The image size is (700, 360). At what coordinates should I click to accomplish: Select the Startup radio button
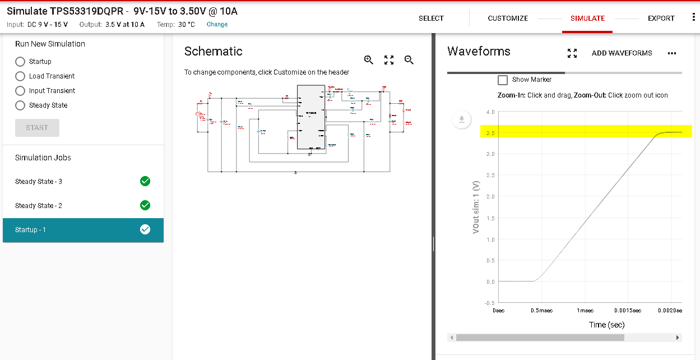(x=20, y=62)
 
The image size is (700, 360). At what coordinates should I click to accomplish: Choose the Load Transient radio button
(x=20, y=76)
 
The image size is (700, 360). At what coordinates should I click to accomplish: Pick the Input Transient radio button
(x=20, y=91)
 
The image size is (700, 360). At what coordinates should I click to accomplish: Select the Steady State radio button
(x=20, y=105)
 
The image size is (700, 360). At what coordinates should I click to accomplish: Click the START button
(x=37, y=128)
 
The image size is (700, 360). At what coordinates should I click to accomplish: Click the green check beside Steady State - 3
(x=145, y=181)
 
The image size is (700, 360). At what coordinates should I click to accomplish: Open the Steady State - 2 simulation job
(x=39, y=206)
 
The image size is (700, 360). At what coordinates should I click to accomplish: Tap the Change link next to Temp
(x=217, y=25)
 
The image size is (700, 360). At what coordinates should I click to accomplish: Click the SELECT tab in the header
(x=431, y=19)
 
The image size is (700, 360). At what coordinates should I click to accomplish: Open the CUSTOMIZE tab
(x=508, y=19)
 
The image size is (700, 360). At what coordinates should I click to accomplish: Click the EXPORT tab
(x=661, y=19)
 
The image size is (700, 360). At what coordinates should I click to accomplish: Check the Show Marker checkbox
(x=503, y=80)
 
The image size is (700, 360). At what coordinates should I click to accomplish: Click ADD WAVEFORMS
(x=622, y=53)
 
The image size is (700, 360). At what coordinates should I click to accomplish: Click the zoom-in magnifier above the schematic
(x=368, y=60)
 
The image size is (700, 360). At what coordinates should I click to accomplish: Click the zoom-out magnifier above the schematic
(x=409, y=60)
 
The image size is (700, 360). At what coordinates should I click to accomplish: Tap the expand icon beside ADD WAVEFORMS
(x=572, y=53)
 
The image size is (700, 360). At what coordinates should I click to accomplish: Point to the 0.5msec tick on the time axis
(x=541, y=311)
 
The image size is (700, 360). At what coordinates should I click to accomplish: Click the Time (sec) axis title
(x=606, y=325)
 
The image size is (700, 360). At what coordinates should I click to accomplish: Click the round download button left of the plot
(x=461, y=119)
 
